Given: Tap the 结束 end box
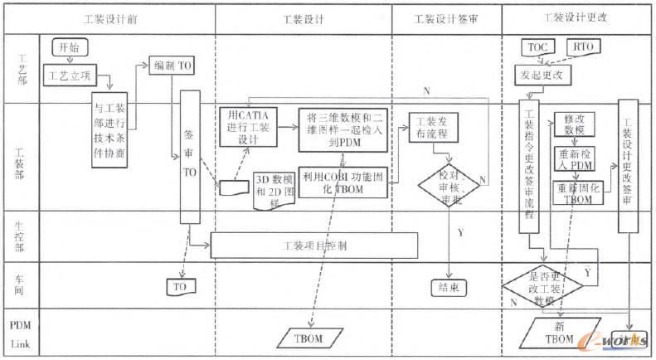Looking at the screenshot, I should tap(449, 288).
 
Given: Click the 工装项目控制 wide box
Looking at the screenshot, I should tap(314, 246).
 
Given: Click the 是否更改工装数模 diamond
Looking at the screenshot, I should tap(542, 286).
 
